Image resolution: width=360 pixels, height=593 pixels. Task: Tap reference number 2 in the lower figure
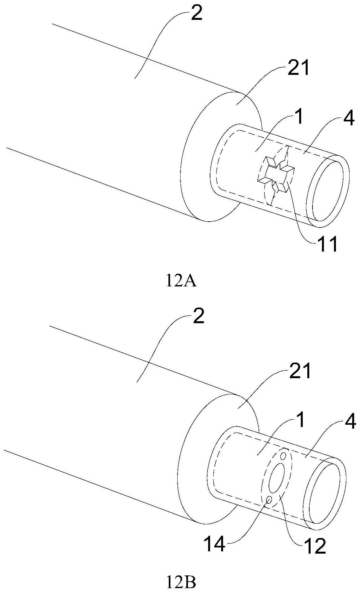(x=198, y=316)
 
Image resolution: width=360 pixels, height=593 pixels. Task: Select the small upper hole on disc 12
(x=284, y=455)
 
